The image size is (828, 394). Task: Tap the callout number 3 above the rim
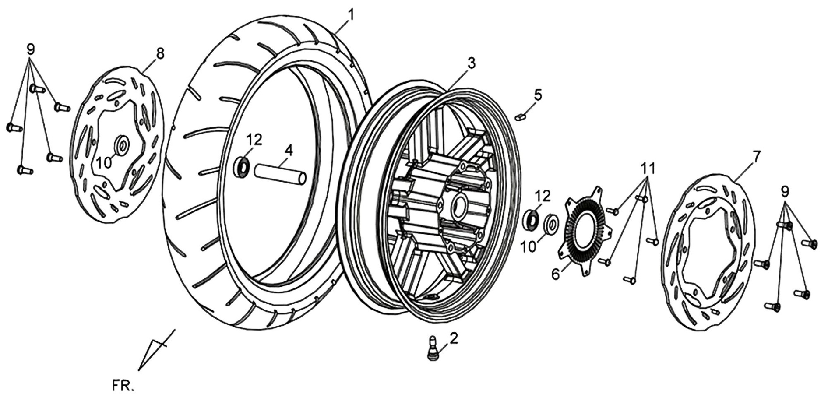click(x=471, y=63)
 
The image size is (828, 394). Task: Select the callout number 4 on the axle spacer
click(x=288, y=151)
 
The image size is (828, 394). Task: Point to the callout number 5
click(x=538, y=94)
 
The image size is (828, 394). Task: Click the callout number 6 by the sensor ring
click(x=555, y=274)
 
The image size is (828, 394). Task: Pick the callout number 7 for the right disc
click(x=757, y=155)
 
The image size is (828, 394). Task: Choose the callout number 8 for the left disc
click(x=160, y=54)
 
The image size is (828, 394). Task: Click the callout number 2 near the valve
click(x=453, y=338)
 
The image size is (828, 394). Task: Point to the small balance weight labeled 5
click(x=520, y=117)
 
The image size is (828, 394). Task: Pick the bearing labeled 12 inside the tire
click(x=242, y=168)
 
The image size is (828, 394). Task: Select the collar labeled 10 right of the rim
click(x=551, y=225)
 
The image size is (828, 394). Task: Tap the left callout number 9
click(x=31, y=49)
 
